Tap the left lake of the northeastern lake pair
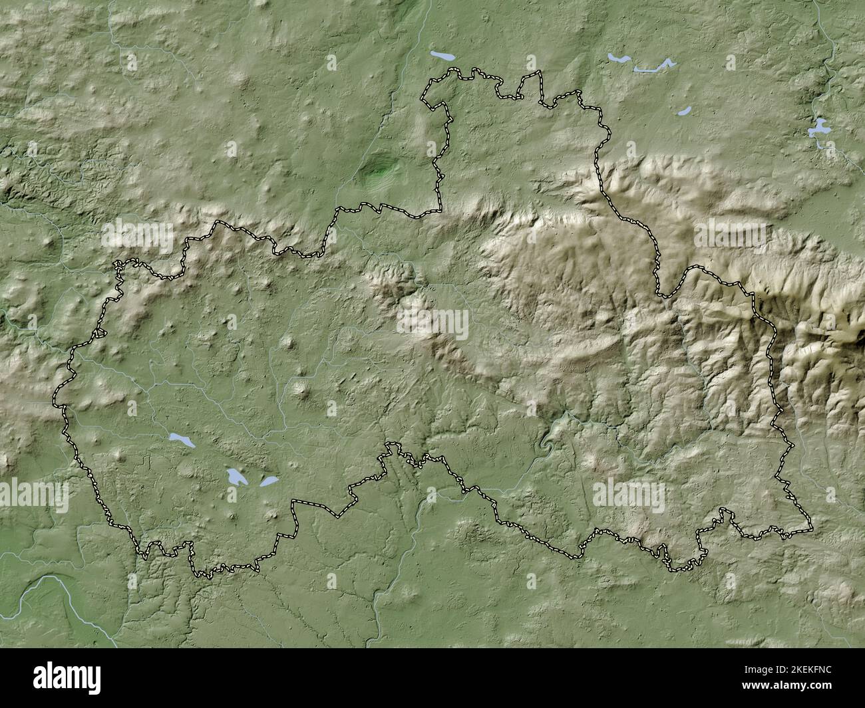[x=620, y=59]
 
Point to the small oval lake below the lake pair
[x=685, y=111]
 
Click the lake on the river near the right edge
[x=818, y=128]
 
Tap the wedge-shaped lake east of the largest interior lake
[x=268, y=481]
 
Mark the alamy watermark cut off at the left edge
[x=33, y=496]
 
